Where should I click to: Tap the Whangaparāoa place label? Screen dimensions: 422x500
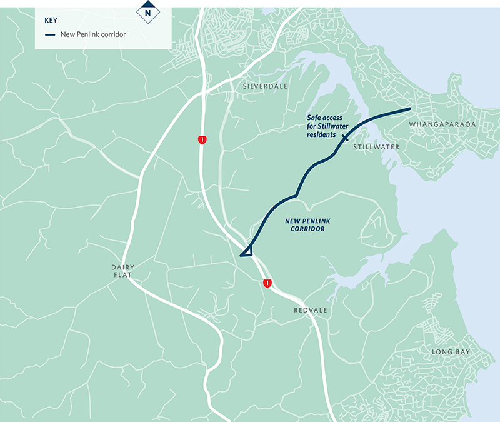442,124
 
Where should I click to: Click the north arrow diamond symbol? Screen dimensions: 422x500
147,11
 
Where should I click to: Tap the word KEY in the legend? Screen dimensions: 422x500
51,20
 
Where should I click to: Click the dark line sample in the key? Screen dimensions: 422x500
51,34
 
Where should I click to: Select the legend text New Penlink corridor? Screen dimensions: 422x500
93,34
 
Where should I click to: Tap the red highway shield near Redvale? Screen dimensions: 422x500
267,283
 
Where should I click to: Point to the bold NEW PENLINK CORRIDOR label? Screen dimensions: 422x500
305,225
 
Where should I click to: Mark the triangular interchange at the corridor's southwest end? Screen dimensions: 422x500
246,251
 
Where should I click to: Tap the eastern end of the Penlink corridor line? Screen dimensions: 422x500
410,109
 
